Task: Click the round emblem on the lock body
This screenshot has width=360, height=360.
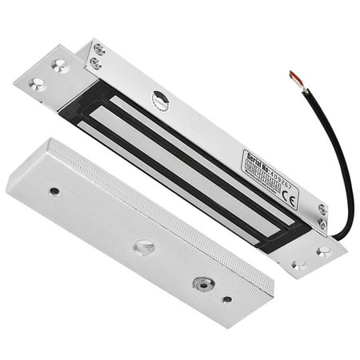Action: pos(160,100)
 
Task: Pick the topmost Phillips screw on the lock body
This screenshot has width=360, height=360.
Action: pos(98,50)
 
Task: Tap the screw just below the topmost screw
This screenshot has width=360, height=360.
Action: pos(95,63)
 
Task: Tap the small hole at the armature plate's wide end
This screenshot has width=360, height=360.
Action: pos(54,191)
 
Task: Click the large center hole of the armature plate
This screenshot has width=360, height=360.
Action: pos(144,247)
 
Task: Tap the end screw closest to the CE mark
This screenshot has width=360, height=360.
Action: pos(322,209)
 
